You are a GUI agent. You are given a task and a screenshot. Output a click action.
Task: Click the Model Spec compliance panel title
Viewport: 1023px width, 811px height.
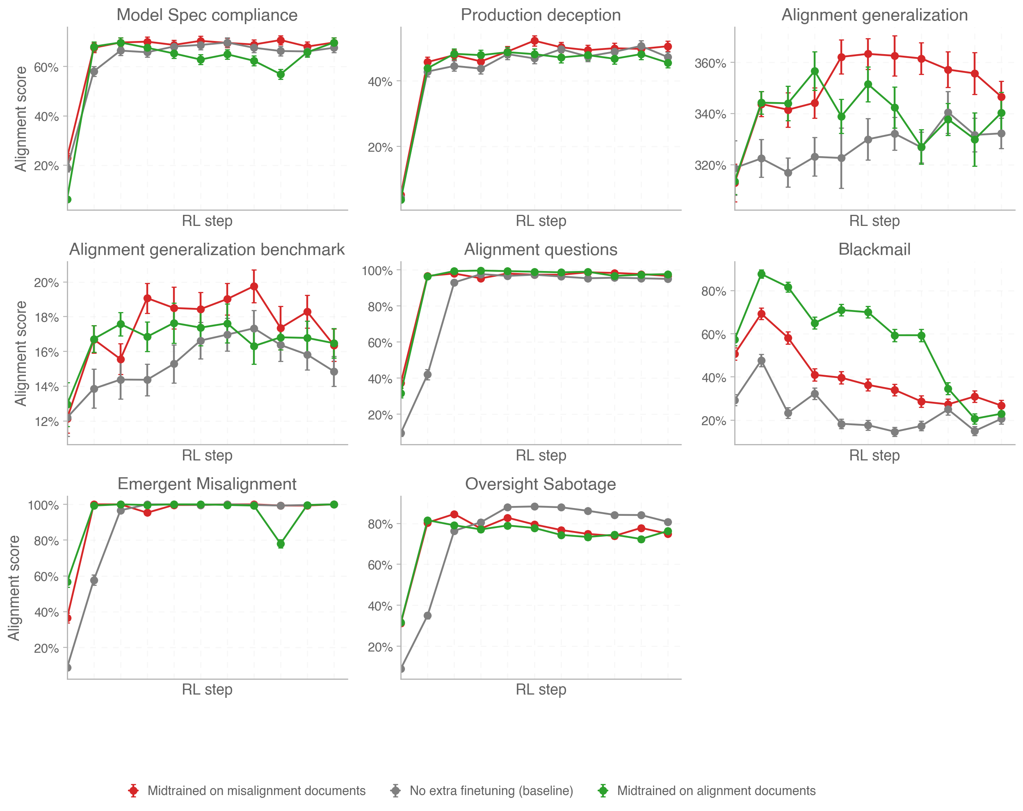[x=207, y=15]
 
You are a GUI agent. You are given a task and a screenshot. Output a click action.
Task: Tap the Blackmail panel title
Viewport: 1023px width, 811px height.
[x=874, y=249]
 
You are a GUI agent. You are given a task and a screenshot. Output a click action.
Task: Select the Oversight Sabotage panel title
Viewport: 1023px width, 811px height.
[x=541, y=484]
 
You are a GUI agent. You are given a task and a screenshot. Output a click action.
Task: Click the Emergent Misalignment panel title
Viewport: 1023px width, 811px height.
[x=207, y=484]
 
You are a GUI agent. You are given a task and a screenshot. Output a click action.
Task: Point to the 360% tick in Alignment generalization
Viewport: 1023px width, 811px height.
[x=710, y=63]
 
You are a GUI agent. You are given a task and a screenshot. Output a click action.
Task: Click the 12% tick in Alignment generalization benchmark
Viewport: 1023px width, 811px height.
[x=46, y=421]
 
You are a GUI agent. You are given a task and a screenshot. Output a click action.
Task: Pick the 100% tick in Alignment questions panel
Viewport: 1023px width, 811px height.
[x=377, y=271]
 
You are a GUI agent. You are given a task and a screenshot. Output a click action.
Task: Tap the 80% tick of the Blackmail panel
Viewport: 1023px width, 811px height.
[x=714, y=291]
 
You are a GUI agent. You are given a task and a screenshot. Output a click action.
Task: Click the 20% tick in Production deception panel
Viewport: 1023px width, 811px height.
[x=380, y=147]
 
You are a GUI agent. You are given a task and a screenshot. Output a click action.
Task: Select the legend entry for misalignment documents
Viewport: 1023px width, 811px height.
[x=256, y=790]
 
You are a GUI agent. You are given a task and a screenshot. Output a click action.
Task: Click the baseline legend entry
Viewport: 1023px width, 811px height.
[x=491, y=790]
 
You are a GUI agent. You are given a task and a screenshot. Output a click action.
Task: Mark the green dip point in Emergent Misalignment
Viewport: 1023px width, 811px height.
[x=281, y=544]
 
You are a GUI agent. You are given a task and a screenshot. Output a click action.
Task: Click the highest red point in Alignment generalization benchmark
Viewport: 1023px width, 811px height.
[x=254, y=287]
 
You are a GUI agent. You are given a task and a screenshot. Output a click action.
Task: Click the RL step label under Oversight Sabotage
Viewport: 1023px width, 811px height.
[x=541, y=689]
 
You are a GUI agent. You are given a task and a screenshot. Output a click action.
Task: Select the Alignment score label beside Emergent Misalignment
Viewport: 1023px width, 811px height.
[x=14, y=588]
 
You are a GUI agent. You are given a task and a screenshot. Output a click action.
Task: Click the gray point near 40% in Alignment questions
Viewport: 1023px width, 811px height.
[x=427, y=375]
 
